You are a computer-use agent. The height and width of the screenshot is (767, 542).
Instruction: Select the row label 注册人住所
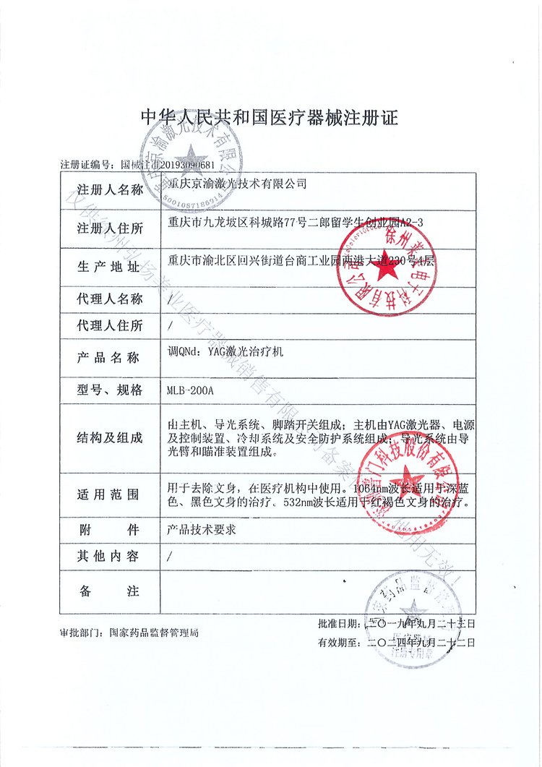pyautogui.click(x=110, y=229)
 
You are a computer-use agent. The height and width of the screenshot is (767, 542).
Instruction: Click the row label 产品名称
pyautogui.click(x=110, y=358)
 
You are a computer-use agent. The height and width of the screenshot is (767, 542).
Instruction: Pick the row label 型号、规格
pyautogui.click(x=110, y=391)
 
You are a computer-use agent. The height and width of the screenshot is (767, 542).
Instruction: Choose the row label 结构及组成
pyautogui.click(x=110, y=438)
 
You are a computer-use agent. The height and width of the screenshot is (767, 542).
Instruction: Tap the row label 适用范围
pyautogui.click(x=110, y=495)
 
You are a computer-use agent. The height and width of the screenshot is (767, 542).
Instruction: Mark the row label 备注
pyautogui.click(x=110, y=591)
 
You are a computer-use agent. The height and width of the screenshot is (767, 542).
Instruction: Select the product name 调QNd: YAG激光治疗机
pyautogui.click(x=226, y=353)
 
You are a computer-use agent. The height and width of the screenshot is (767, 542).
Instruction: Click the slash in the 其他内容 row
pyautogui.click(x=169, y=557)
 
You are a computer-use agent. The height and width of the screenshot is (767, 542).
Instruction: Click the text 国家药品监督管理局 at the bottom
pyautogui.click(x=154, y=633)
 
